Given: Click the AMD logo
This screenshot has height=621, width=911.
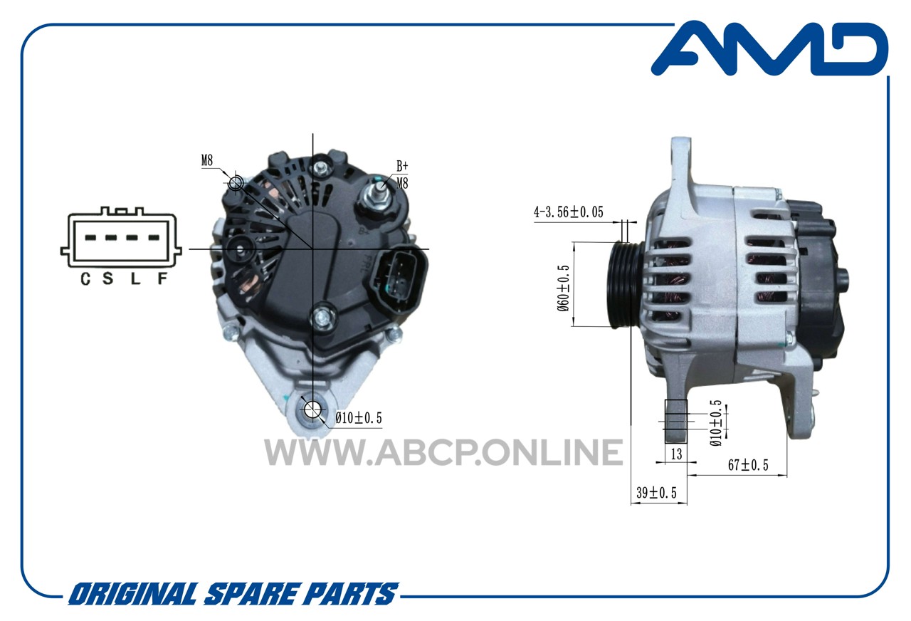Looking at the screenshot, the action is [x=770, y=48].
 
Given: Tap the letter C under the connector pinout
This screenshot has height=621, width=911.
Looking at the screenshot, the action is [x=85, y=278].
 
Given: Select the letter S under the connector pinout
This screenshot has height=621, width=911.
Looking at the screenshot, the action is [x=107, y=278].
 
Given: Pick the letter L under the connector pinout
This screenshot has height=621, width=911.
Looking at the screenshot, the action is [x=135, y=278].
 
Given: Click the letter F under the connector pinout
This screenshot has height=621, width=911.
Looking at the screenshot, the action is [x=162, y=278].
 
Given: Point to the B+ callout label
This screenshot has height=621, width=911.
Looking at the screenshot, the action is [x=402, y=166].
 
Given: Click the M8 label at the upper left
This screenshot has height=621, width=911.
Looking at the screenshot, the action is [x=207, y=161].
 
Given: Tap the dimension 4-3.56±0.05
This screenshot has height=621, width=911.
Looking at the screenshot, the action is [x=568, y=212].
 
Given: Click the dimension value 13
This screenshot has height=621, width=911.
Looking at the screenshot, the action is [x=676, y=454].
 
